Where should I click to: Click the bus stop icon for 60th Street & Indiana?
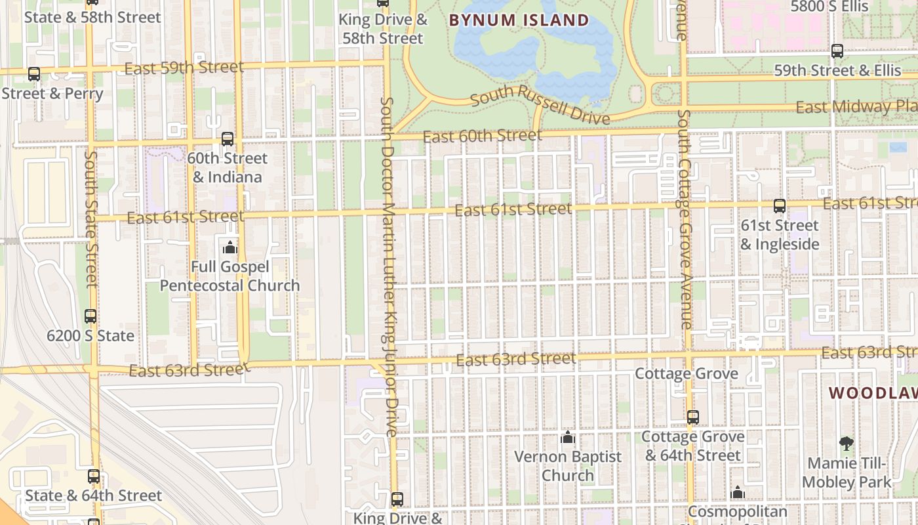click(228, 139)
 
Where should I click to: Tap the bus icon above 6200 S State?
click(90, 316)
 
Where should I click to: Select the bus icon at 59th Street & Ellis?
click(837, 51)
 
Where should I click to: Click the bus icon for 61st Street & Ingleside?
click(779, 206)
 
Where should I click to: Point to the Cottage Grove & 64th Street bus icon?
click(693, 417)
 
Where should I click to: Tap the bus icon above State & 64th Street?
click(94, 476)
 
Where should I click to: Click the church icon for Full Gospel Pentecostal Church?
click(230, 247)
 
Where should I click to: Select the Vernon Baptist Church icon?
click(568, 436)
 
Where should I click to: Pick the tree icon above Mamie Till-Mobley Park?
click(846, 444)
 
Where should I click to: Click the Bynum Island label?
click(519, 20)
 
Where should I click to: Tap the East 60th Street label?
click(483, 136)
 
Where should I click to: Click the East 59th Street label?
click(184, 67)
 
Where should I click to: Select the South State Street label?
click(91, 220)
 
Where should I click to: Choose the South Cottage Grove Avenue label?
click(685, 220)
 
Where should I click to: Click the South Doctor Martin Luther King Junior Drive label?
click(389, 266)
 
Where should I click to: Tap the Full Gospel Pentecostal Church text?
click(229, 276)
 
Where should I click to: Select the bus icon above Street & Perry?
click(34, 75)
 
